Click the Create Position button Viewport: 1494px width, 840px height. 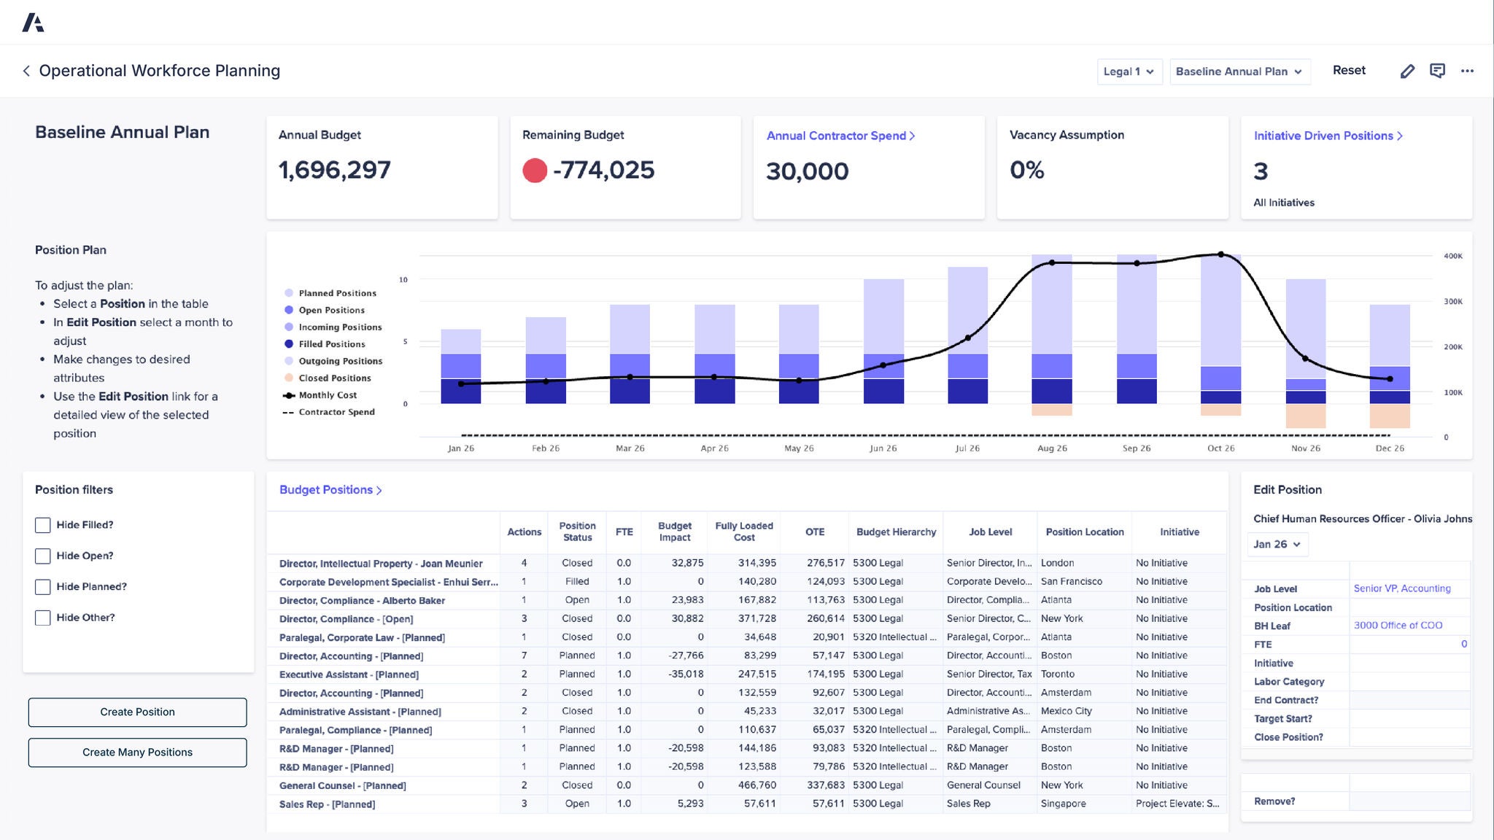coord(137,712)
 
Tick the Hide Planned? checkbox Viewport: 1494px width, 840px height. coord(43,587)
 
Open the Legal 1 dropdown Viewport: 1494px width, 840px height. coord(1129,71)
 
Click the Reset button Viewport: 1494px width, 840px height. coord(1348,70)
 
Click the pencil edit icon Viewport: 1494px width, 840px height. coord(1407,71)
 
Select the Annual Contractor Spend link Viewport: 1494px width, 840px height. coord(840,136)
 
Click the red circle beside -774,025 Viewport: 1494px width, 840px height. coord(535,171)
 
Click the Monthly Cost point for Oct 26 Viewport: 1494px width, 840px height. coord(1220,254)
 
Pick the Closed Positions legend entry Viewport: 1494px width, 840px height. coord(334,378)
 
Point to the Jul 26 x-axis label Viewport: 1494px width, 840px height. coord(967,448)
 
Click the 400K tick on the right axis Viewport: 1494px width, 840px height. coord(1452,256)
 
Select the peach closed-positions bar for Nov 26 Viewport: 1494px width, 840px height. coord(1305,416)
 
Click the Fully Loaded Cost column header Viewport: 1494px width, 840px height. coord(743,532)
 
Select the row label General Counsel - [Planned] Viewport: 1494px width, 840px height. coord(342,785)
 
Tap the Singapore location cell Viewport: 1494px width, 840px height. coord(1063,804)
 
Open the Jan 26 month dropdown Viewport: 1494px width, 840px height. coord(1277,544)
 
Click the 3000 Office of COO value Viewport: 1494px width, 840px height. coord(1397,626)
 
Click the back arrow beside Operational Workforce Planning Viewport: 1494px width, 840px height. coord(26,71)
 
